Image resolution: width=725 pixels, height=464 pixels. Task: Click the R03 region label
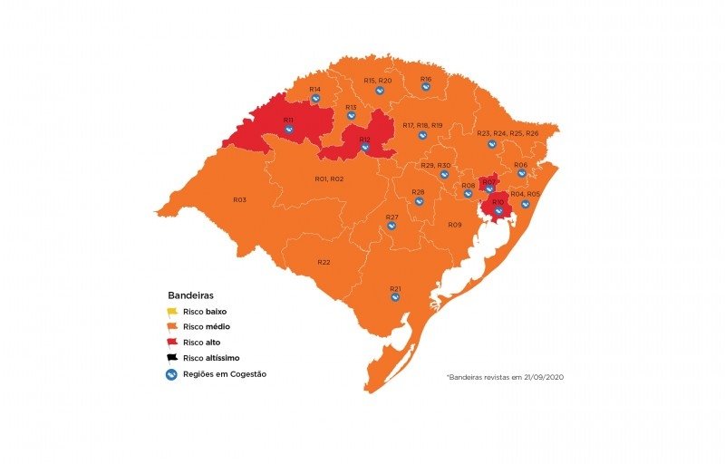pos(239,199)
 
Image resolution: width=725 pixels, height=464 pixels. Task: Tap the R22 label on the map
pos(324,262)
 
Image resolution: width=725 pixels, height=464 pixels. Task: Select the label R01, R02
pos(329,179)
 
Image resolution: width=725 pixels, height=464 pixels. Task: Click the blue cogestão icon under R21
pos(396,298)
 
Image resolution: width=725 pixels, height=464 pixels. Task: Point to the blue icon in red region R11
pos(289,130)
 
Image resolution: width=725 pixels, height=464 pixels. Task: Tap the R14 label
pos(314,89)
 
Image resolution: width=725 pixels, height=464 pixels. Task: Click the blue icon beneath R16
pos(426,89)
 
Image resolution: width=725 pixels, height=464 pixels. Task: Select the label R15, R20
pos(378,81)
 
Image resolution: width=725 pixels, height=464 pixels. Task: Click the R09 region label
pos(454,225)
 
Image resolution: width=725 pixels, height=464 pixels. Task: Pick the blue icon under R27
pos(392,226)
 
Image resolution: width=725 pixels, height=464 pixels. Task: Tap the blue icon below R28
pos(420,201)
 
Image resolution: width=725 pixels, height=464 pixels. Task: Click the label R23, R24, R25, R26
pos(507,133)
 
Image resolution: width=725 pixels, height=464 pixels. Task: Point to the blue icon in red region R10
pos(498,211)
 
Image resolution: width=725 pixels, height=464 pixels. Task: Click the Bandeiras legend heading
pos(190,295)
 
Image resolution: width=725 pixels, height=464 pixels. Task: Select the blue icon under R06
pos(522,173)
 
